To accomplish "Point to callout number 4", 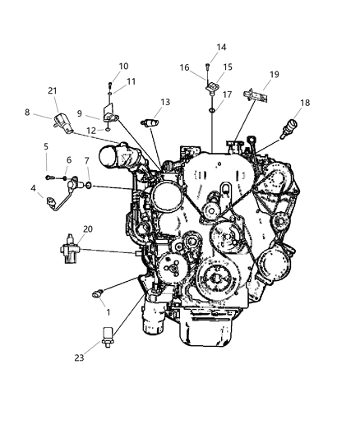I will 34,189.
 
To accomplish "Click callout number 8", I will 26,113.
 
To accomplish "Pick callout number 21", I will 53,90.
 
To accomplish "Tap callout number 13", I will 165,102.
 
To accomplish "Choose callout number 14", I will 221,47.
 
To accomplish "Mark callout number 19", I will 274,74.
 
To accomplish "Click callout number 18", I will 305,104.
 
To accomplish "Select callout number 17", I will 227,95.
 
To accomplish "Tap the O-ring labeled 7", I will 88,186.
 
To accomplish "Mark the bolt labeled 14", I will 208,66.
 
